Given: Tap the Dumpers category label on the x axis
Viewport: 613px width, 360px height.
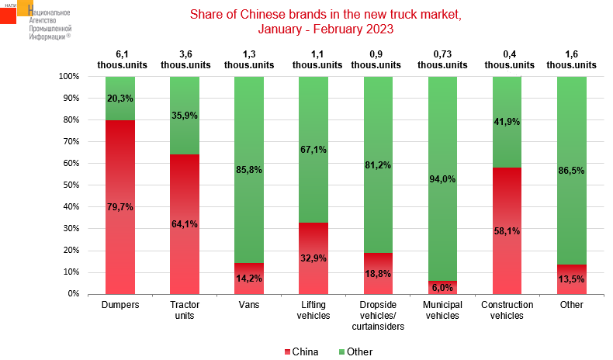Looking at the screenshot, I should click(x=120, y=305).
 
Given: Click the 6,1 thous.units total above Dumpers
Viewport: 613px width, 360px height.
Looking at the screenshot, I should click(x=120, y=60).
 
